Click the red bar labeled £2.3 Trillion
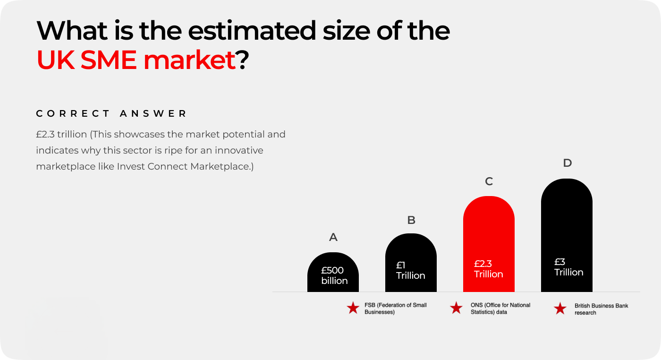489,244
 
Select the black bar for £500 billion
333,272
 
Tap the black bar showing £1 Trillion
411,263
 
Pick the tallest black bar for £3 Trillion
567,235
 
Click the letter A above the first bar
333,237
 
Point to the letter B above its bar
411,220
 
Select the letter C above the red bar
489,181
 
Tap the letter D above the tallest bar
568,163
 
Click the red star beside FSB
353,308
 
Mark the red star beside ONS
456,308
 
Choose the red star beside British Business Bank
560,309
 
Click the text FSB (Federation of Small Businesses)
396,309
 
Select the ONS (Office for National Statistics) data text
500,309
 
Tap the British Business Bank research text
601,309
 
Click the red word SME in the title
108,60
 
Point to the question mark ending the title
242,60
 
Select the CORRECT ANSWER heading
111,113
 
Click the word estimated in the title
252,31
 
